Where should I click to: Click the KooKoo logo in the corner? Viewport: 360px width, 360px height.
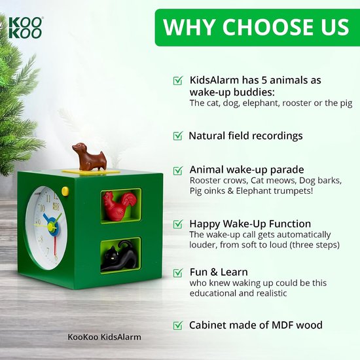(x=26, y=27)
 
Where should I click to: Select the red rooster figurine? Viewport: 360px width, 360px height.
(x=118, y=206)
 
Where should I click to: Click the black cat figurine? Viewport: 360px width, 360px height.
(x=119, y=255)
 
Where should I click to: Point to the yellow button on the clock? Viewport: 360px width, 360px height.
(x=65, y=191)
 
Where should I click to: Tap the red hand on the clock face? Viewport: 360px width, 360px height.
(x=55, y=245)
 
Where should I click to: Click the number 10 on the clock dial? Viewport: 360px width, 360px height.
(x=43, y=208)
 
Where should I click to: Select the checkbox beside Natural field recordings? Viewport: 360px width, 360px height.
(x=178, y=135)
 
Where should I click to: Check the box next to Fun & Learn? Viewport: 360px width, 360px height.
(x=178, y=272)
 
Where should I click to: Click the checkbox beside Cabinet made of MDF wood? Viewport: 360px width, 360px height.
(x=178, y=325)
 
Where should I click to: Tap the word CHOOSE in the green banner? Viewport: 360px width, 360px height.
(x=262, y=27)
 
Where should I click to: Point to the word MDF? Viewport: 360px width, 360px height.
(x=283, y=325)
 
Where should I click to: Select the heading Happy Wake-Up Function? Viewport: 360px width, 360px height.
(x=250, y=224)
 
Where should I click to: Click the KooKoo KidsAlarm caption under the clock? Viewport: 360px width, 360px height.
(x=104, y=337)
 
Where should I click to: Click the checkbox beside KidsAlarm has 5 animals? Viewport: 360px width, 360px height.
(x=178, y=81)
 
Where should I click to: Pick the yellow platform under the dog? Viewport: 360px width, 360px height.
(x=91, y=171)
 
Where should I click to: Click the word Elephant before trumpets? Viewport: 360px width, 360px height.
(x=257, y=190)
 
